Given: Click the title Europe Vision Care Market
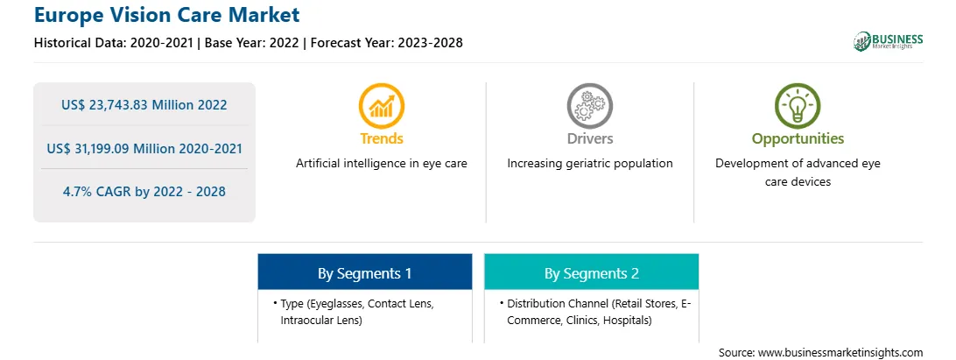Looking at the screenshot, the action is [167, 14].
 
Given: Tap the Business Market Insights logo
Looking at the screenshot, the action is [888, 41].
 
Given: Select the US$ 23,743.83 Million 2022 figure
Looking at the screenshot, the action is [144, 105].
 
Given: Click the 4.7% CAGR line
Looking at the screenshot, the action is [144, 192].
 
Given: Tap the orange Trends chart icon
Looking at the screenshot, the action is [382, 106].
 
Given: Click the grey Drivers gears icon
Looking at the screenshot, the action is [589, 106].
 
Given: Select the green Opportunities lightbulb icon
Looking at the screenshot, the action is [798, 106].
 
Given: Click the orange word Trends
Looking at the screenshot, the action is [382, 138].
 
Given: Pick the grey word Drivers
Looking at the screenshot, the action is [589, 138].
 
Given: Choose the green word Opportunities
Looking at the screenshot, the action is [798, 139].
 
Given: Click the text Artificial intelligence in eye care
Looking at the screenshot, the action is [382, 164].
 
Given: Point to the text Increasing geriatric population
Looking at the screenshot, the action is [589, 164].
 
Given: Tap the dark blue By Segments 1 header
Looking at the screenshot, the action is [364, 272].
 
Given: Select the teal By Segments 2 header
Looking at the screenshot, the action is [592, 272].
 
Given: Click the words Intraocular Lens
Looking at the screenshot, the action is [321, 321].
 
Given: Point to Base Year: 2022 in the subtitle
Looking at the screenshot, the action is [251, 43].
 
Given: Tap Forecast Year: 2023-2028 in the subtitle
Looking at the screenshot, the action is [384, 43].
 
